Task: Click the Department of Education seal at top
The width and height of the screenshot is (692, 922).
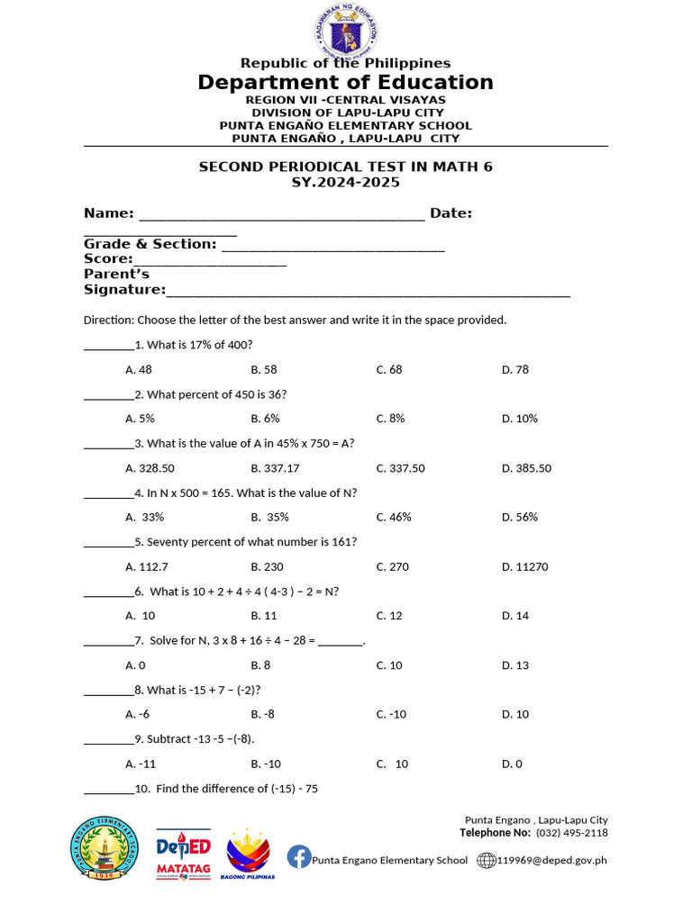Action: pyautogui.click(x=346, y=30)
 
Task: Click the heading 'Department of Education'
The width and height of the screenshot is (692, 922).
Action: pyautogui.click(x=346, y=83)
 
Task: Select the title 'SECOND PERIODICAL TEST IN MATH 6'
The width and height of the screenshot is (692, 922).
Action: pyautogui.click(x=345, y=167)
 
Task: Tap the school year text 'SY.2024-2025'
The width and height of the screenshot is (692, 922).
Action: pyautogui.click(x=345, y=183)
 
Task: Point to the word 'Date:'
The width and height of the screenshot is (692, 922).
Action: pyautogui.click(x=451, y=213)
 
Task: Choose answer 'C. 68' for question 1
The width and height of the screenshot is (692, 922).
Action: pyautogui.click(x=389, y=370)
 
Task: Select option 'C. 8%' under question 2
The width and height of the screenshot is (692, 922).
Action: pyautogui.click(x=390, y=419)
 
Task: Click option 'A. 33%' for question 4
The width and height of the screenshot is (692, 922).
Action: pyautogui.click(x=145, y=518)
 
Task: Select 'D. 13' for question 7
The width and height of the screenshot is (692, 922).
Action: pyautogui.click(x=514, y=665)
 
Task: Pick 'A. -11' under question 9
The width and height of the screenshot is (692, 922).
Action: pyautogui.click(x=141, y=764)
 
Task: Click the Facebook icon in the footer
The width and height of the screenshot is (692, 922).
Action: pyautogui.click(x=298, y=858)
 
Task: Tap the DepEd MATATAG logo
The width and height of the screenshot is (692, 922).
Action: pyautogui.click(x=184, y=854)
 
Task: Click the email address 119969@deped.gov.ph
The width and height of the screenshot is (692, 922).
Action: pyautogui.click(x=551, y=860)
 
